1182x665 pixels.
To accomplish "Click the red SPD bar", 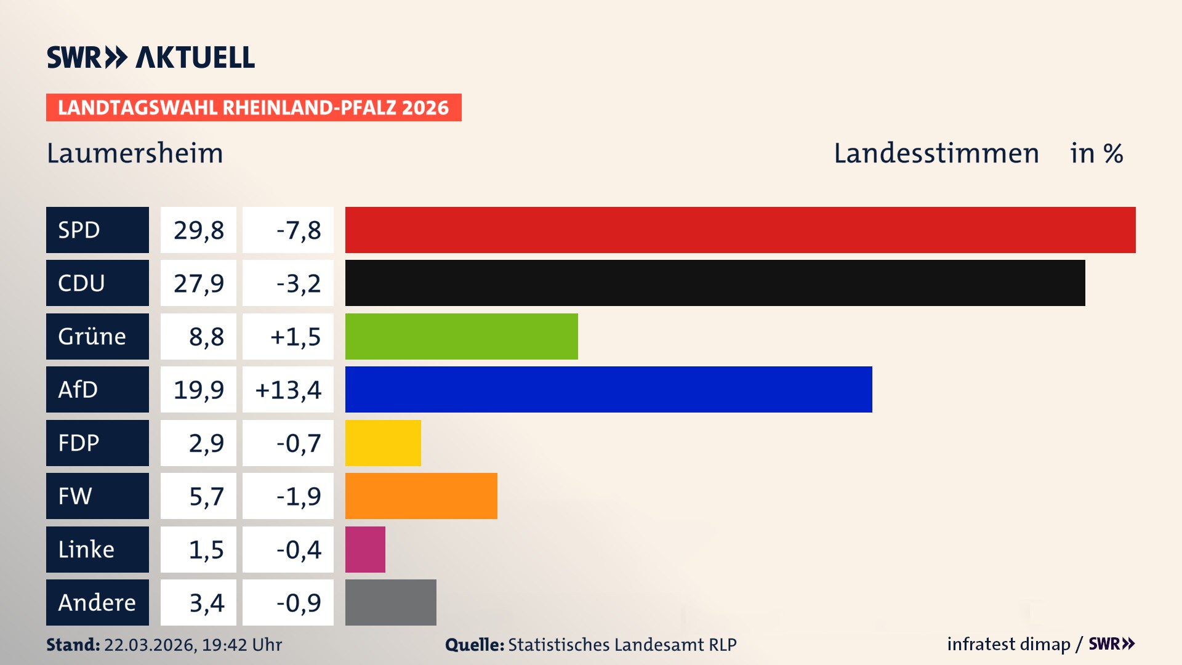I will (x=740, y=230).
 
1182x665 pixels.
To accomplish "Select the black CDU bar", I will (x=715, y=283).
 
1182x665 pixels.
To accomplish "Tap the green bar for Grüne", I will (x=461, y=336).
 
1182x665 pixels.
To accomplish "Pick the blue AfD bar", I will (x=608, y=389).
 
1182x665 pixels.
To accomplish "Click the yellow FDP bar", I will (x=383, y=443).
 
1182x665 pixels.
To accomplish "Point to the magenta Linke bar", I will (x=365, y=549).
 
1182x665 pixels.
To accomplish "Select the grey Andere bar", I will (x=390, y=602).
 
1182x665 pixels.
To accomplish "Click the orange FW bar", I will (x=421, y=496).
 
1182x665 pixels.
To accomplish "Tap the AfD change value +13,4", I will (x=288, y=390).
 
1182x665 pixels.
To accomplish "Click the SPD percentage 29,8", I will (x=198, y=230).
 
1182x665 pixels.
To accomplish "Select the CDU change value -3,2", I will (x=299, y=283).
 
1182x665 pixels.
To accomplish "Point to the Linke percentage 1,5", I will (x=206, y=549).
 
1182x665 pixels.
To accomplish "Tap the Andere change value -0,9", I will (x=299, y=603).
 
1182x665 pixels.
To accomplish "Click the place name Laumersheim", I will (x=135, y=153).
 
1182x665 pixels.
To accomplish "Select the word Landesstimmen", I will (x=936, y=153).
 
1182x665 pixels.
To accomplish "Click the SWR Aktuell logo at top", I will (x=151, y=57).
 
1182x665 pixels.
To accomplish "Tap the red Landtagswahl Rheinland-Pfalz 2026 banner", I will (x=254, y=108).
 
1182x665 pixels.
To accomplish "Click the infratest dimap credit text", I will (x=1008, y=644).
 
